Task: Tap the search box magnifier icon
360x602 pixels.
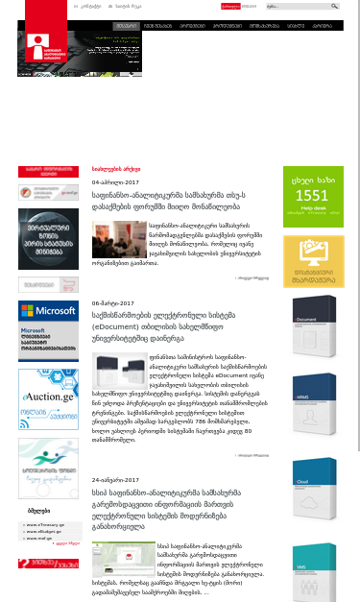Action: pos(335,6)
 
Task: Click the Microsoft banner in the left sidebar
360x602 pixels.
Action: pos(48,329)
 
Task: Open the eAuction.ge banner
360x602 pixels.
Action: pos(48,394)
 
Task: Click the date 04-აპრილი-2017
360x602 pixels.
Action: pos(115,181)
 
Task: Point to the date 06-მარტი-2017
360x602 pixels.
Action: pos(114,301)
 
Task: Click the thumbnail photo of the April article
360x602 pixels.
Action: pos(112,238)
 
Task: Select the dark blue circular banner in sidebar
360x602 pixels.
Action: pos(48,239)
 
